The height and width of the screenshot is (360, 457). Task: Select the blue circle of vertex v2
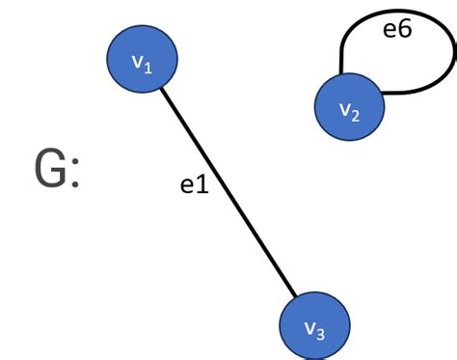(x=349, y=107)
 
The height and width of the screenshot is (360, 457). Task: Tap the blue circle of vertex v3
(x=314, y=325)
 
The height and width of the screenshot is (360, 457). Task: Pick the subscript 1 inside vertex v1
(x=148, y=68)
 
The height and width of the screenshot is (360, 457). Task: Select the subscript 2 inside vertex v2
(x=356, y=117)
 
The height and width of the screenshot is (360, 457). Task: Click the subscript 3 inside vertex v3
(x=321, y=334)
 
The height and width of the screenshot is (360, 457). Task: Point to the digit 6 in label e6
(x=404, y=30)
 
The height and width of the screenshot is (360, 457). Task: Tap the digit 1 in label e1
(x=202, y=184)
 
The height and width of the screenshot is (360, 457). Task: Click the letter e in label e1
(x=188, y=185)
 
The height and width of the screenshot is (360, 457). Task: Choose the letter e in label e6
(x=390, y=31)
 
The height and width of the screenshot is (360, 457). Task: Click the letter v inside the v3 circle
(x=309, y=328)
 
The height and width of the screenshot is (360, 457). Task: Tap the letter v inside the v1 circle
(x=137, y=63)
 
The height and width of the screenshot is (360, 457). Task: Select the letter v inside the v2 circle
(x=345, y=111)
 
